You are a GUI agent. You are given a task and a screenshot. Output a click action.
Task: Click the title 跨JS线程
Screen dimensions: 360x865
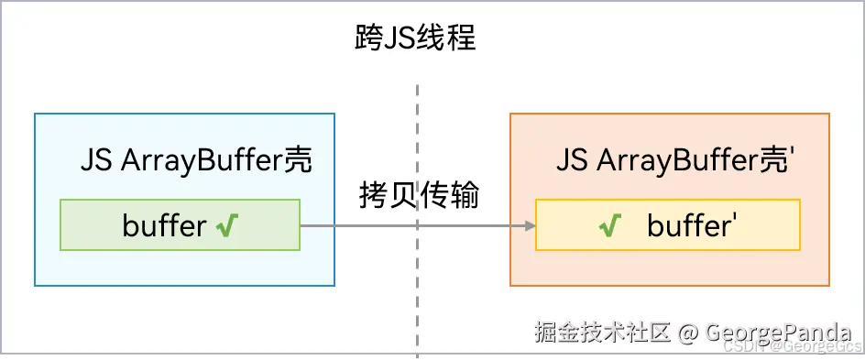(x=415, y=39)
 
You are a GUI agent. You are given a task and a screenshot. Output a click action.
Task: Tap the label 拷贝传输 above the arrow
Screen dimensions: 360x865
(x=418, y=194)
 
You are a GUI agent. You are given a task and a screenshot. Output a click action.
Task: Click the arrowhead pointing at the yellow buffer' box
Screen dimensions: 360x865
(x=530, y=225)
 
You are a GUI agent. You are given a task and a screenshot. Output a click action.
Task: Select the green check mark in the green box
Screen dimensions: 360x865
(x=227, y=225)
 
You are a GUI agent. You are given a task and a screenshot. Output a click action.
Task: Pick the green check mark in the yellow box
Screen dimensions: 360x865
(x=608, y=225)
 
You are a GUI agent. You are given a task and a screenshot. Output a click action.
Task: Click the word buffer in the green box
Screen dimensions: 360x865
(x=164, y=225)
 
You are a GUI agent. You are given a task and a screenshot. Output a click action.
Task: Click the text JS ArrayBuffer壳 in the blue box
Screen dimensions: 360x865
(x=196, y=161)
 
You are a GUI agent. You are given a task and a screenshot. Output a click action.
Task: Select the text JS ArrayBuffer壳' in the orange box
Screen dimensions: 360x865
(x=674, y=161)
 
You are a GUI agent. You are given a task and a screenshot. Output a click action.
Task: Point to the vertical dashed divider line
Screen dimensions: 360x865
(x=417, y=275)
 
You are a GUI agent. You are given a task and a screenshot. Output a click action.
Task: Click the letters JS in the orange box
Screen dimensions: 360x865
(x=572, y=161)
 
